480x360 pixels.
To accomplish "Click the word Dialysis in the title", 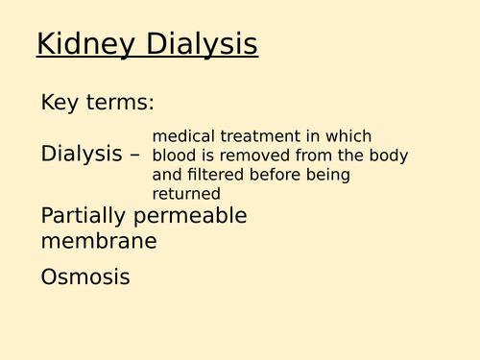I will tap(202, 44).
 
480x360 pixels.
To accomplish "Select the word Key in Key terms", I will tap(60, 101).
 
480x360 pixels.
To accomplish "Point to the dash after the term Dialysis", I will tap(134, 155).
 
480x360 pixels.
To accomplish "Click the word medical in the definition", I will tap(182, 136).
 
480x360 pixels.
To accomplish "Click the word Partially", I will tap(84, 215).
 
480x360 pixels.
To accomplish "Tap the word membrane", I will tap(99, 241).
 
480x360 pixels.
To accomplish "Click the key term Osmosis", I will tap(84, 277).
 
